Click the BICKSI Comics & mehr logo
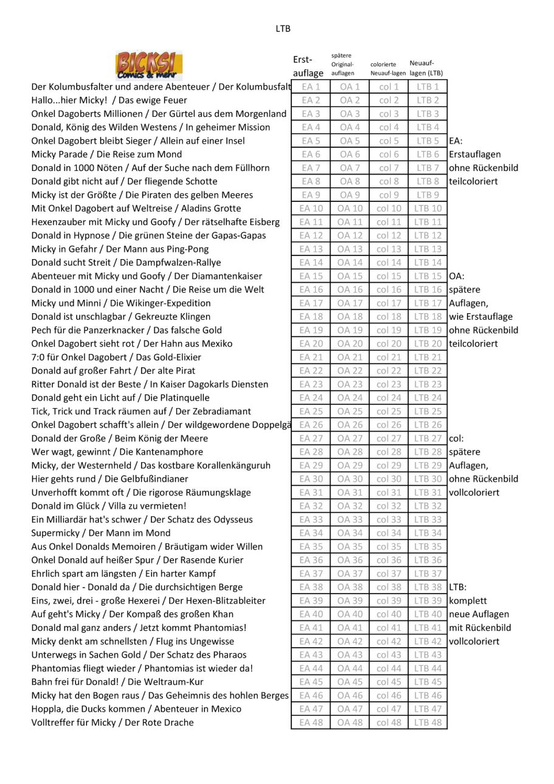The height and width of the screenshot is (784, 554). click(x=148, y=66)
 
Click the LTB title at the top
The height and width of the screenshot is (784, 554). click(x=283, y=29)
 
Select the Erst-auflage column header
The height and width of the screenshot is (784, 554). click(x=308, y=66)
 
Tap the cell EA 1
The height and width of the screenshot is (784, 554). click(x=311, y=87)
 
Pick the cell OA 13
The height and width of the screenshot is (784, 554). click(x=350, y=249)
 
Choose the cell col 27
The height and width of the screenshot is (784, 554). click(x=389, y=438)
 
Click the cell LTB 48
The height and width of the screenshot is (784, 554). click(x=428, y=722)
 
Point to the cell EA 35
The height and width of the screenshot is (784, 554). click(x=311, y=546)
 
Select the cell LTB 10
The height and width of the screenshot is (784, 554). click(x=428, y=208)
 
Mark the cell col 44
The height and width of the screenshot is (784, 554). click(x=389, y=668)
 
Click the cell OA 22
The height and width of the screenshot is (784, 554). click(x=350, y=370)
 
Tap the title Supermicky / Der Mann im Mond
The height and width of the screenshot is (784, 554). click(x=101, y=533)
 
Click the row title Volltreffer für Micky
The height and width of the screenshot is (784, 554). click(x=113, y=722)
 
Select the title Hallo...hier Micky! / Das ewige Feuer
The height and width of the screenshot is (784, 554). click(x=109, y=100)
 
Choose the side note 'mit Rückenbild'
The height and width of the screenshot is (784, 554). click(x=480, y=627)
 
